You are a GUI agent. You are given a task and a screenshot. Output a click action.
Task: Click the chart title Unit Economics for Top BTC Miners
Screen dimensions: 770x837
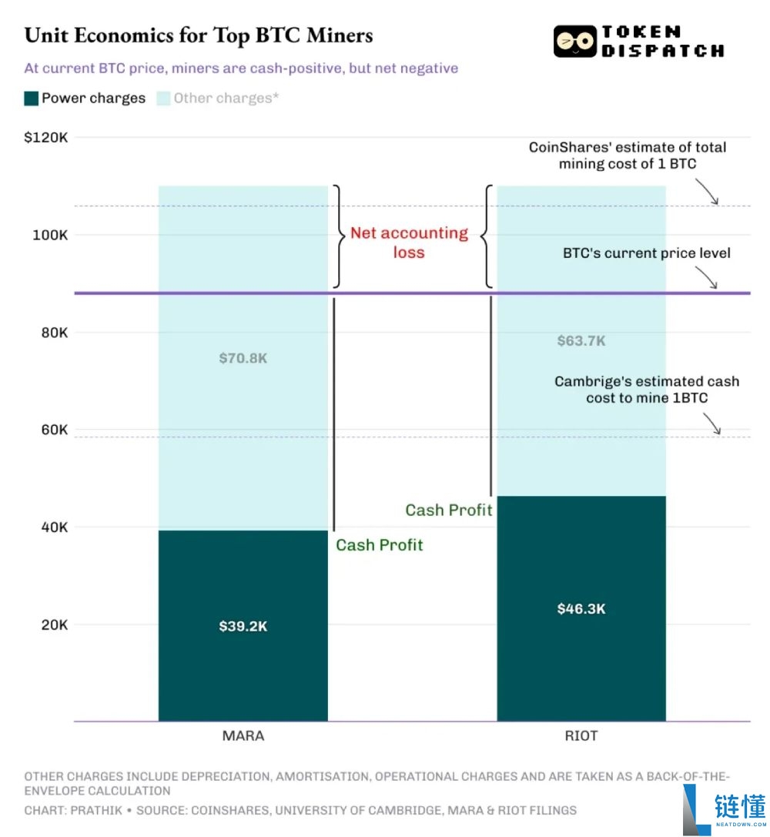point(199,35)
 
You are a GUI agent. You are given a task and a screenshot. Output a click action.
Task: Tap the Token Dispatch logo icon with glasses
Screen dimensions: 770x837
point(574,41)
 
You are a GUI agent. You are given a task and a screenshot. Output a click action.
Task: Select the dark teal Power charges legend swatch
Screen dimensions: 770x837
point(31,99)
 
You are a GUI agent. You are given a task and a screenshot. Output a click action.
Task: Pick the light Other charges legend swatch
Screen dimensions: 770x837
point(163,99)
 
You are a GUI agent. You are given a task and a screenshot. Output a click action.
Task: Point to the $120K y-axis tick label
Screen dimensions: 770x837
point(46,138)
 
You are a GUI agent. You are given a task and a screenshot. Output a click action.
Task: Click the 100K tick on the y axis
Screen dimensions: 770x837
point(50,235)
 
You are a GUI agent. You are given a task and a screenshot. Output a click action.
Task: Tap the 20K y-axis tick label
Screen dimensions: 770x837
point(55,624)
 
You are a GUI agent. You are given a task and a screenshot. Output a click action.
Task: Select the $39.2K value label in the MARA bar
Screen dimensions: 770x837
point(243,626)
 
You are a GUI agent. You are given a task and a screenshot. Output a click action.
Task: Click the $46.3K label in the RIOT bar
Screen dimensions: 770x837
point(581,609)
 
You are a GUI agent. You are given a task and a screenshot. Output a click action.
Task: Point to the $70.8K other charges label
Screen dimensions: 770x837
point(243,358)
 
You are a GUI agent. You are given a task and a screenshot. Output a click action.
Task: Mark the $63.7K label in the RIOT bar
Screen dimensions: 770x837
point(581,341)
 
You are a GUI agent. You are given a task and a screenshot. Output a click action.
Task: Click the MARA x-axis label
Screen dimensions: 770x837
point(243,736)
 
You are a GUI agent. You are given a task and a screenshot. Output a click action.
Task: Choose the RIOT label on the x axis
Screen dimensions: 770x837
point(581,736)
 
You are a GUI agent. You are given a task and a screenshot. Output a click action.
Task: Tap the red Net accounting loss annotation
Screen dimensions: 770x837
point(409,243)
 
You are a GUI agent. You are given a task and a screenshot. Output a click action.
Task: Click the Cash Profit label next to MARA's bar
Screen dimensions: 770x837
point(380,545)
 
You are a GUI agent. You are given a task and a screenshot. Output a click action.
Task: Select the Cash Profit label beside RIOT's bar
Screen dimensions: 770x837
point(449,511)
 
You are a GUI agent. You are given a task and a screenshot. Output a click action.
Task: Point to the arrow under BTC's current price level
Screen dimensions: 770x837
point(707,277)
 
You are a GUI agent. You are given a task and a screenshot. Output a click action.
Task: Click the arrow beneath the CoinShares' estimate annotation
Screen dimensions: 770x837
point(708,192)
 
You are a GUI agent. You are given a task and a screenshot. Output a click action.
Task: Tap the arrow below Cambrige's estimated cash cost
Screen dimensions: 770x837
point(712,424)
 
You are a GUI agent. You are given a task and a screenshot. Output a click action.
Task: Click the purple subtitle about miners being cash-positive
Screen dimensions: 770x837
point(241,69)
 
